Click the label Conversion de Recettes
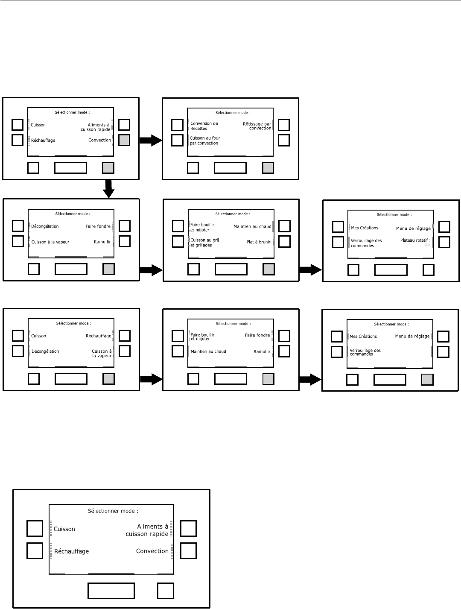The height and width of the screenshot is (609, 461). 204,126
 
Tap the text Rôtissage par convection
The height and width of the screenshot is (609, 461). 257,126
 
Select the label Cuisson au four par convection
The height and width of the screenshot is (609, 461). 205,141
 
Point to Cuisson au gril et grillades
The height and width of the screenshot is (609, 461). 204,243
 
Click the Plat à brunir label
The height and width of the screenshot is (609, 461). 259,242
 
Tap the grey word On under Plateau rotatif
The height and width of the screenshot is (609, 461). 427,245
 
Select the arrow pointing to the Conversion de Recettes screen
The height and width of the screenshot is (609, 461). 151,141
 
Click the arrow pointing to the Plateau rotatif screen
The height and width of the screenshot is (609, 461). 310,269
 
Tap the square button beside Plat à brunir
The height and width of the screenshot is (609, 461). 284,241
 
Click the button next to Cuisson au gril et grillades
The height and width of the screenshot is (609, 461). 178,241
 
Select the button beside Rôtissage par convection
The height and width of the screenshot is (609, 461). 284,125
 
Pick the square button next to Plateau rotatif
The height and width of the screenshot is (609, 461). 444,242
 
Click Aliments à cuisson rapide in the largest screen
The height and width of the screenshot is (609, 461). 147,530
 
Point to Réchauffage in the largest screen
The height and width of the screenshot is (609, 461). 72,551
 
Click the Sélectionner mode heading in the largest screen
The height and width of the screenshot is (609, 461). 113,511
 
